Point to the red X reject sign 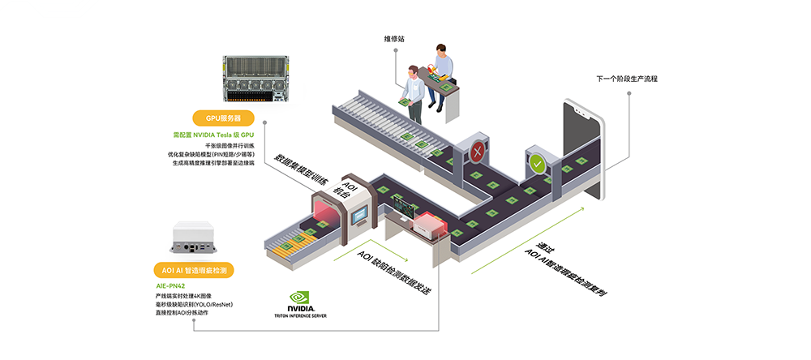tap(479, 152)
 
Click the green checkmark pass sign tap(536, 162)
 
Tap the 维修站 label tap(394, 38)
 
